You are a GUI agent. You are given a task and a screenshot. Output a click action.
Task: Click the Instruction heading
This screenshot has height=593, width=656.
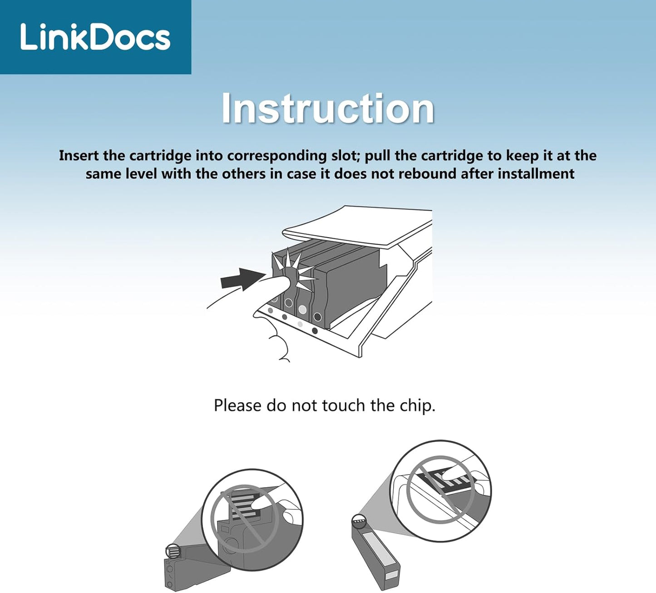(328, 108)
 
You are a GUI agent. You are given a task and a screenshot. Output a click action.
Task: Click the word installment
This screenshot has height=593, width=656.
(536, 174)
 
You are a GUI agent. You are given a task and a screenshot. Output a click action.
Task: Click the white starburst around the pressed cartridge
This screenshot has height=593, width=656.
(293, 271)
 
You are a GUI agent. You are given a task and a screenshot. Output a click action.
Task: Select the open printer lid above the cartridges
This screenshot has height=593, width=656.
(356, 226)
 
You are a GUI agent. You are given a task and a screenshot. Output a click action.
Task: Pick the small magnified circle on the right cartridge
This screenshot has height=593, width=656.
(360, 522)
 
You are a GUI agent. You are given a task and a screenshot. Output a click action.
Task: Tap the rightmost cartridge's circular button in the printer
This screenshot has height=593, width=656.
(317, 316)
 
